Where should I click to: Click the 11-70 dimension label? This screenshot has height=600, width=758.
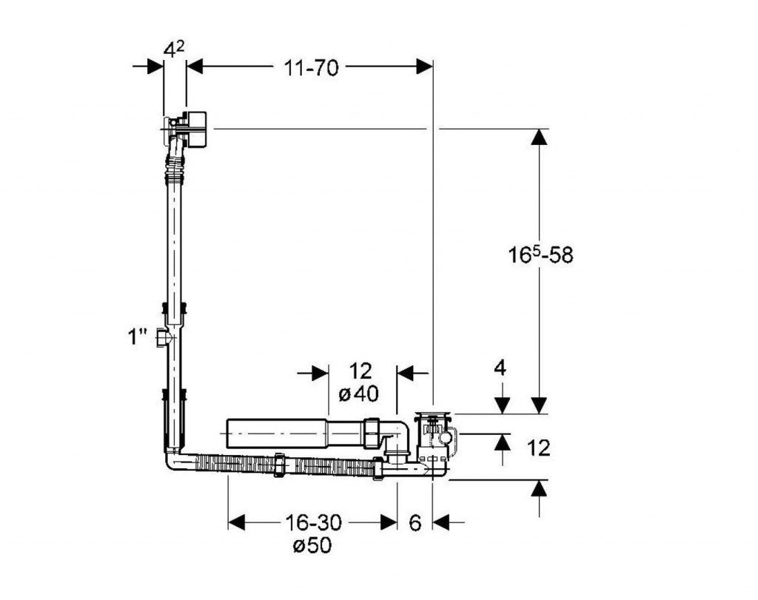coord(312,68)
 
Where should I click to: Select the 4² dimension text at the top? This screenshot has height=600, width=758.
coord(173,50)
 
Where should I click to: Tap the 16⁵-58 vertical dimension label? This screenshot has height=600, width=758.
coord(540,255)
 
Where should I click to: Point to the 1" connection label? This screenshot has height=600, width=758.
coord(137,337)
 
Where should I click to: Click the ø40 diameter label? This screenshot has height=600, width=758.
coord(359,394)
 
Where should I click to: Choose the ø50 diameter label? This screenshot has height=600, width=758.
coord(313,545)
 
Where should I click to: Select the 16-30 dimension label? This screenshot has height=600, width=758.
coord(313,522)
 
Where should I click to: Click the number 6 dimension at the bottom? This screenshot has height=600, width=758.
coord(415,523)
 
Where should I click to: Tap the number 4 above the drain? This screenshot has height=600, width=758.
coord(500,368)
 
